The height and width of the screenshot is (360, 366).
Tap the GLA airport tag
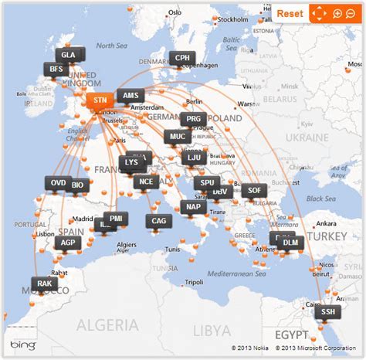click(69, 55)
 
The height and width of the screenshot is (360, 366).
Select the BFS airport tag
click(56, 69)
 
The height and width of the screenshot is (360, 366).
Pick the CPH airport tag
click(182, 57)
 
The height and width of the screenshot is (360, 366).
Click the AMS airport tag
click(128, 97)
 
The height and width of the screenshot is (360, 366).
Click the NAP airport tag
click(193, 206)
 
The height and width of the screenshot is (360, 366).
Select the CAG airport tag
click(159, 221)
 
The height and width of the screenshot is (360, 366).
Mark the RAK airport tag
click(44, 284)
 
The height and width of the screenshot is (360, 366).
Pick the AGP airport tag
click(68, 243)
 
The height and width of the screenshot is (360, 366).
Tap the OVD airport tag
click(58, 183)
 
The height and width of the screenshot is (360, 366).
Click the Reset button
click(290, 13)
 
